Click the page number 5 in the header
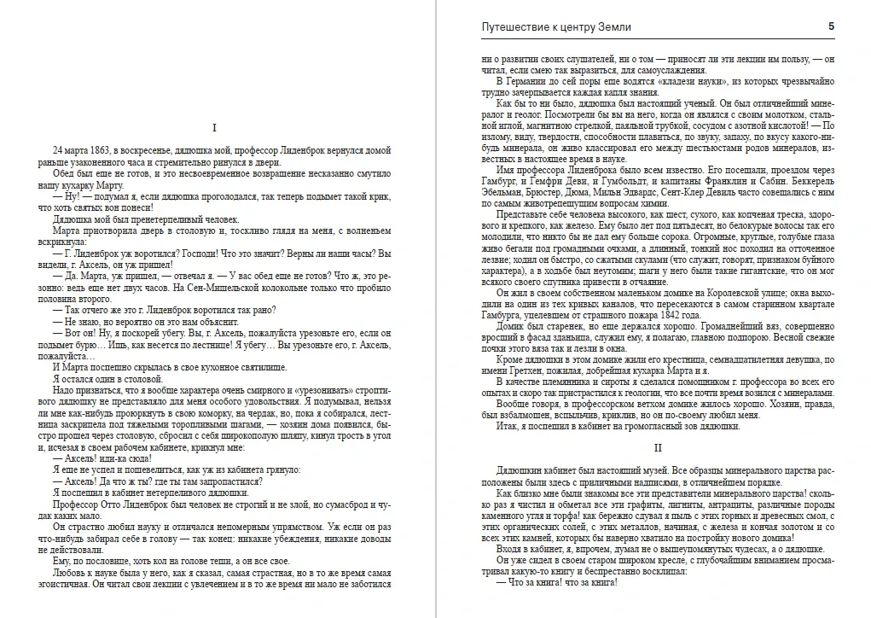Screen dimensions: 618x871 (831, 26)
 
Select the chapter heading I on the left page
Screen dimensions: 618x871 (213, 128)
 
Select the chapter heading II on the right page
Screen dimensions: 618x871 (657, 447)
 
